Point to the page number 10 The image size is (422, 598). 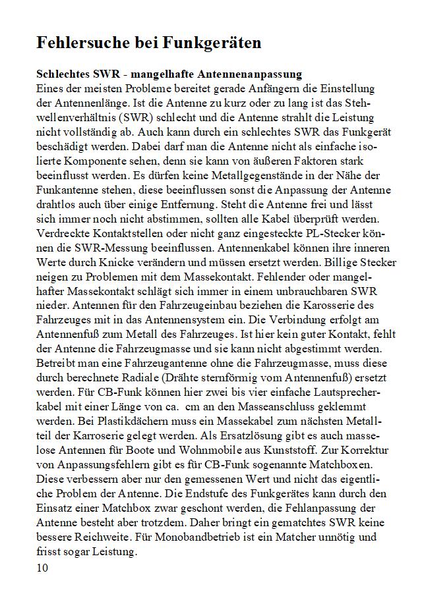[x=43, y=567]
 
